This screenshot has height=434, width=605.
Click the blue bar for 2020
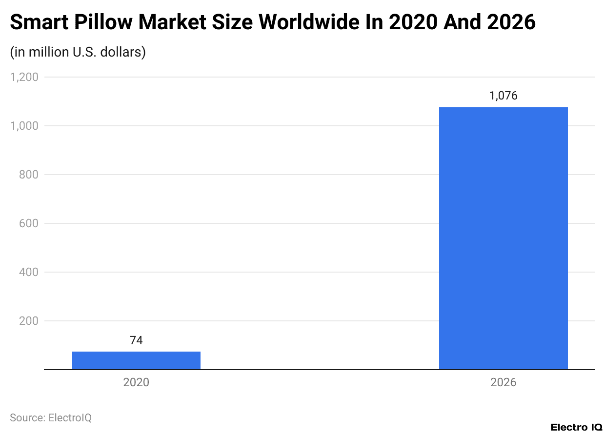tap(136, 360)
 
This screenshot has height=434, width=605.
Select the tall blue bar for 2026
tap(503, 238)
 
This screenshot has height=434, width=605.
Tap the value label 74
tap(136, 340)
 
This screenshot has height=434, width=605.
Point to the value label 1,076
tap(503, 96)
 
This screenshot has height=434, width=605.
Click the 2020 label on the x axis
tap(136, 382)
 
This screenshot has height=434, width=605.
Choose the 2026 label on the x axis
tap(503, 382)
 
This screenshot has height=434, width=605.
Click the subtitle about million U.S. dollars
tap(78, 52)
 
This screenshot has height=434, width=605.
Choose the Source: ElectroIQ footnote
tap(51, 417)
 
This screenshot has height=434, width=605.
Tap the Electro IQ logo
tap(576, 427)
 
